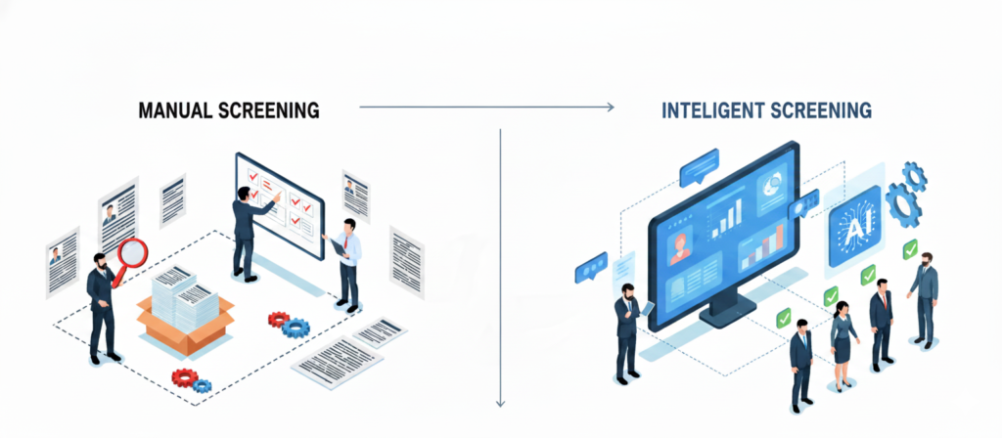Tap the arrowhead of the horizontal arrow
click(610, 107)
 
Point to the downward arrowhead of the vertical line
click(500, 400)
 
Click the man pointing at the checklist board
click(243, 235)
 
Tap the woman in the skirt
click(843, 345)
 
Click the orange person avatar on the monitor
click(678, 250)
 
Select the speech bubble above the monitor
click(699, 167)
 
